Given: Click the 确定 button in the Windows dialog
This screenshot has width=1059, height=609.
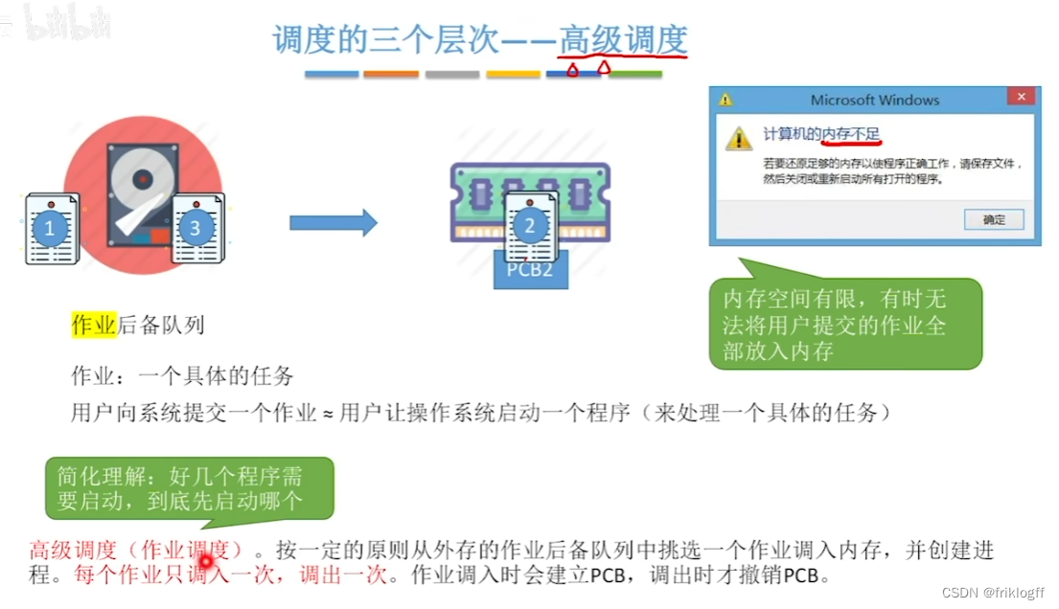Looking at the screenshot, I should pos(995,219).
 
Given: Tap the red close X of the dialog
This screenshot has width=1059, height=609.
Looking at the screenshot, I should pos(1023,98).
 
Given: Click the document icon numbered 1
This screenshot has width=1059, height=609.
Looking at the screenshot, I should pos(51,229).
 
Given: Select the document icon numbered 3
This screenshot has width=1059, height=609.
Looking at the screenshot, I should pos(196,228).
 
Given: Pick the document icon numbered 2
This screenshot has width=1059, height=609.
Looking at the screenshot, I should pos(530,226).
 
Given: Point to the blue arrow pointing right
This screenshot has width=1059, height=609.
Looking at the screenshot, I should pos(333,223).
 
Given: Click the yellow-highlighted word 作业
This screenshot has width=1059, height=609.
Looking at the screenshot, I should pos(94,325).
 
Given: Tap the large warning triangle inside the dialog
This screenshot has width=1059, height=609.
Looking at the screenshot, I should pos(738,139).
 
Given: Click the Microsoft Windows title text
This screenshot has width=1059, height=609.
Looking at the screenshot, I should pos(874,100).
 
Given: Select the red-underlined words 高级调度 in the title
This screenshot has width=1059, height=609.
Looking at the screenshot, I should pos(624,40).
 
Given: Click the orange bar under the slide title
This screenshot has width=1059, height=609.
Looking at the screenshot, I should pos(391,74).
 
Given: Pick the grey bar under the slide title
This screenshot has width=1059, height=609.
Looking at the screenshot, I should pos(451,74).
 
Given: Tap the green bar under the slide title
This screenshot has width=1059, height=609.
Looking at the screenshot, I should pos(635,74).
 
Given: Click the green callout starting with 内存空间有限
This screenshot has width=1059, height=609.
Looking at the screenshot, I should pos(845,325).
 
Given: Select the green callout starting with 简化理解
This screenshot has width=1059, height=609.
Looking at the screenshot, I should pos(189,487).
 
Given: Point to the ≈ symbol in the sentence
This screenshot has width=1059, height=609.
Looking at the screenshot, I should pos(327,414).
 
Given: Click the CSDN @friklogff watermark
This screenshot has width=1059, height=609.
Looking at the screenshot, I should pos(993,594).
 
